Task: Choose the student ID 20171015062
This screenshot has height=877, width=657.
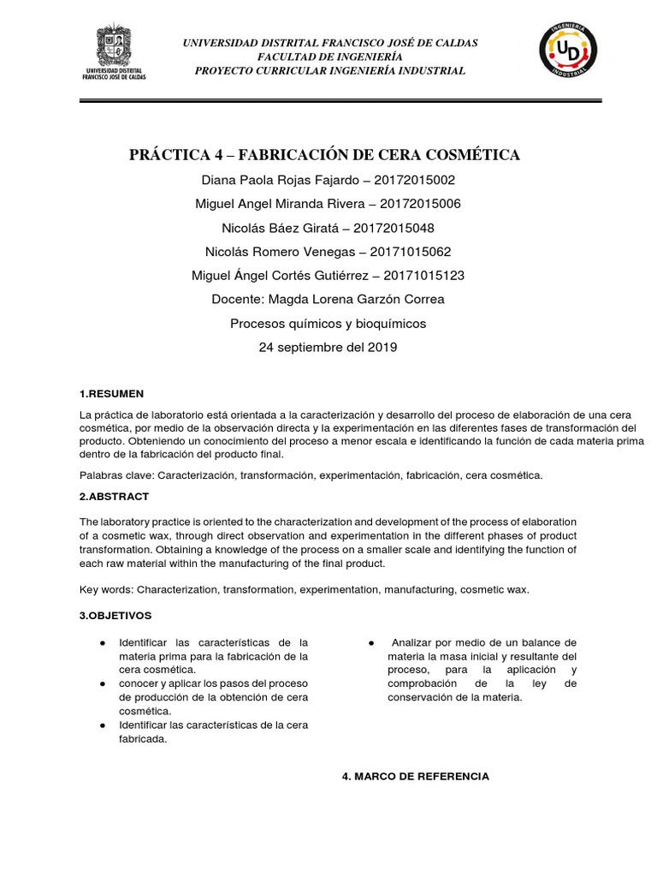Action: point(407,252)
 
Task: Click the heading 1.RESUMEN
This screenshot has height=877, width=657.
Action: point(111,394)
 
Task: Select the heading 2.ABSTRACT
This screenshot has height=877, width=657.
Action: point(114,497)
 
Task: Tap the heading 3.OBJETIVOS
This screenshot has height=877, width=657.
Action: point(115,615)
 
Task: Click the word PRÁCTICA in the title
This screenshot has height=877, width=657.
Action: point(169,155)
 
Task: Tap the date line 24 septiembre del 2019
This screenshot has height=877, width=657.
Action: point(328,348)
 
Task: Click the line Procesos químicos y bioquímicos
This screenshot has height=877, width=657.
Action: point(328,324)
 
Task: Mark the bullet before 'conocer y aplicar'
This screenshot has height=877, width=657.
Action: point(103,683)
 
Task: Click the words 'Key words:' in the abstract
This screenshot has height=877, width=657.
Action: point(107,590)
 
